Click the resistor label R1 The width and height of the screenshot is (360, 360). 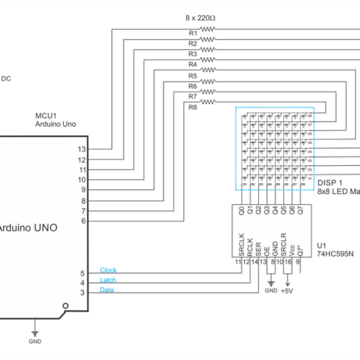point(193,33)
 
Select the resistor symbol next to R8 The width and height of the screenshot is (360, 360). point(208,102)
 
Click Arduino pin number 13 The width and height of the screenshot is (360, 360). point(81,149)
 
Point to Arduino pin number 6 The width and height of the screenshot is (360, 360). point(83,221)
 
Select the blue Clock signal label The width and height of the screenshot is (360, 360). point(109,270)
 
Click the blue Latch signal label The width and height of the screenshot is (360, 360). point(109,280)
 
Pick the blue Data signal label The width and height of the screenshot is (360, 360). point(107,290)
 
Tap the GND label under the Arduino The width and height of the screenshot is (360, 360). point(34,342)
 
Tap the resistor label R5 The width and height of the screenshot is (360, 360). point(193,76)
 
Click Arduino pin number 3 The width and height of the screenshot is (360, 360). point(83,293)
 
